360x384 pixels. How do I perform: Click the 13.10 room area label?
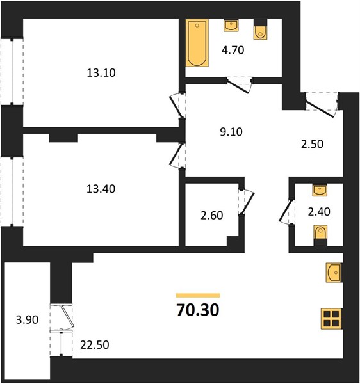pos(101,73)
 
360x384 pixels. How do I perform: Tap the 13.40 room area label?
pos(101,189)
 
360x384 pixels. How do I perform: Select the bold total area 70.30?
pos(198,310)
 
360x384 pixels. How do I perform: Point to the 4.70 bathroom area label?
pos(233,50)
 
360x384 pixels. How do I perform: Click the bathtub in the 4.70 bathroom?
pos(197,43)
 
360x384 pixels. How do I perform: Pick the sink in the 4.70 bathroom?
pos(231,26)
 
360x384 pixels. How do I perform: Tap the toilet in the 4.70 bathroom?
pos(260,29)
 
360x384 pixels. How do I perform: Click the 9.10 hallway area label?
pos(231,132)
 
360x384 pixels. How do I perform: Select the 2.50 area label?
pos(312,144)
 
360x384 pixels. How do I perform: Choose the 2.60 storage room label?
pos(212,216)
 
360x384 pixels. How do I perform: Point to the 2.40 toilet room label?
pos(319,212)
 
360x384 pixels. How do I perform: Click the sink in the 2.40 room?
pos(320,191)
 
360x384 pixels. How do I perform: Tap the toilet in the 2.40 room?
pos(320,236)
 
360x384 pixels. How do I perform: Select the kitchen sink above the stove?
pos(334,273)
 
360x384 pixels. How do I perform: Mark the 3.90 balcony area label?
pos(27,320)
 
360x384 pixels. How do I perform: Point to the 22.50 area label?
pos(95,345)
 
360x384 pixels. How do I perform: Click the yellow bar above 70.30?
pos(198,295)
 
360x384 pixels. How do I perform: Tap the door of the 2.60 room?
pos(247,202)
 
